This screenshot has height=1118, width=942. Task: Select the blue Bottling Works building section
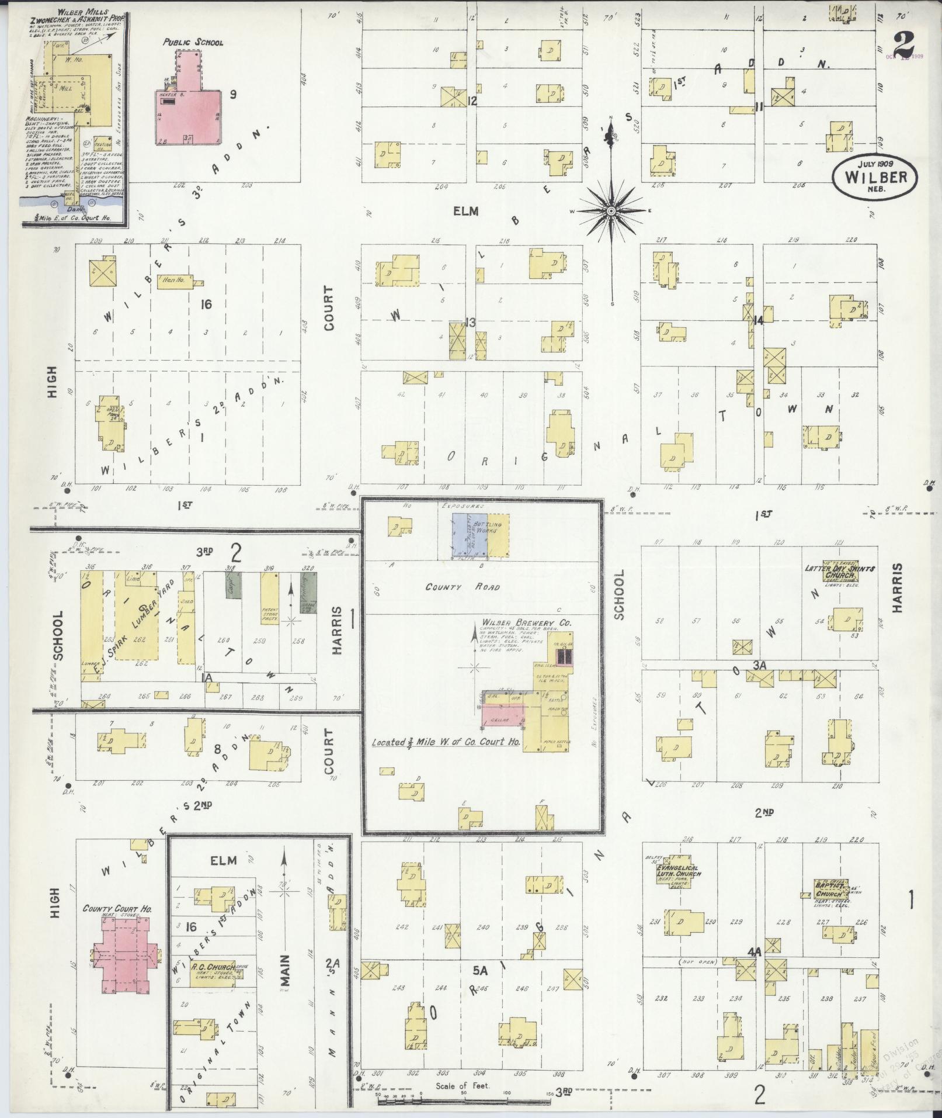click(465, 535)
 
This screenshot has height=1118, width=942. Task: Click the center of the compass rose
click(611, 210)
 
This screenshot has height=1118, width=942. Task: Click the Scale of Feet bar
click(464, 1101)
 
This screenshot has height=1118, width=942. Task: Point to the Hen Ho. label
click(173, 280)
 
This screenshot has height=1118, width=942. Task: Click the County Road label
click(462, 587)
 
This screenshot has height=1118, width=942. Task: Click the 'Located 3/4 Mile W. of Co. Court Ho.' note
click(447, 742)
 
